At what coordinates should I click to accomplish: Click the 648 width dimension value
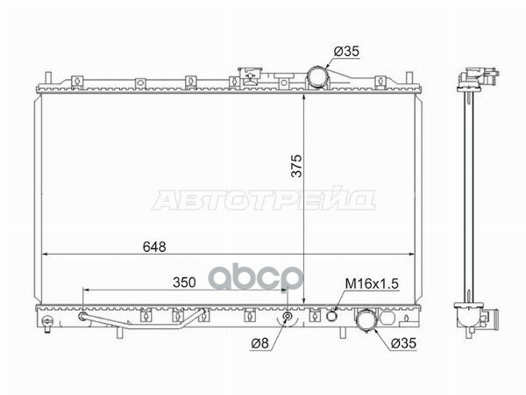pyautogui.click(x=154, y=247)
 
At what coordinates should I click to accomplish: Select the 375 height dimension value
pyautogui.click(x=296, y=166)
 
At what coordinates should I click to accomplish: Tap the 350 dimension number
pyautogui.click(x=184, y=283)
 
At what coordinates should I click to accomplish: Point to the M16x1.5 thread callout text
pyautogui.click(x=372, y=284)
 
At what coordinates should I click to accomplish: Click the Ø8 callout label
pyautogui.click(x=260, y=343)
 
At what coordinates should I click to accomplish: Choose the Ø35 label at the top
pyautogui.click(x=346, y=52)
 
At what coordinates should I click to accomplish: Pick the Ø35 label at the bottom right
pyautogui.click(x=403, y=343)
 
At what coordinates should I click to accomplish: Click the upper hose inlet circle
pyautogui.click(x=317, y=77)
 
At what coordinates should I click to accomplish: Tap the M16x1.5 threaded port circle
pyautogui.click(x=331, y=316)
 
